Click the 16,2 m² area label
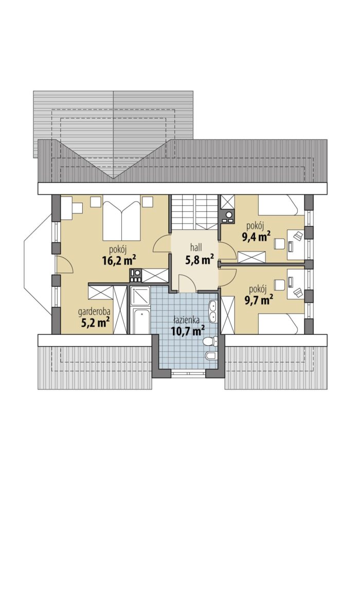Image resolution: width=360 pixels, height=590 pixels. point(118,260)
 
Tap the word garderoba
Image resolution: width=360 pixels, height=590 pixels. point(94,312)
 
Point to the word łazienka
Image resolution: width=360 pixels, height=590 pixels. point(186,320)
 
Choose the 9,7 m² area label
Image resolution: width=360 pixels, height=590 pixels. point(258,300)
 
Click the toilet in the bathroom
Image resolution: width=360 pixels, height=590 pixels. point(209,342)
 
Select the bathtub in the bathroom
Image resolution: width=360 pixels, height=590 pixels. point(140,321)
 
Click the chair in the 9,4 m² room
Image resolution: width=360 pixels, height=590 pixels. point(279,243)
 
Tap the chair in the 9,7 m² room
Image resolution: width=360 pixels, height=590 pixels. point(280,285)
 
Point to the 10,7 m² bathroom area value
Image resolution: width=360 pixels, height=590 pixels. point(188,331)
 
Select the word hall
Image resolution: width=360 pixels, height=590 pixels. point(196,247)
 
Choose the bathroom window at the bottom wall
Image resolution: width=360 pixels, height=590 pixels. point(188,374)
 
